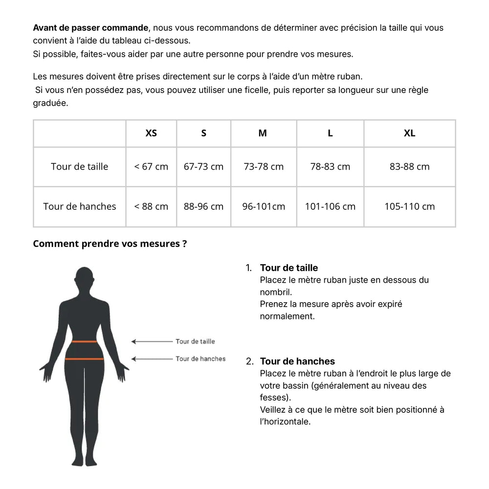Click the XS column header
click(151, 133)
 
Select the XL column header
click(409, 133)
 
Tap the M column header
click(263, 133)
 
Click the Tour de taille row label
click(79, 166)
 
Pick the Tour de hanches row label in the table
click(79, 206)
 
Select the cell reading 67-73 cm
click(203, 166)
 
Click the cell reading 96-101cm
click(264, 206)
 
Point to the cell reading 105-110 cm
click(409, 206)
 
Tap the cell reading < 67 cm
click(151, 166)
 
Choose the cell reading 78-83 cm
click(330, 166)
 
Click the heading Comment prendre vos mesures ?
click(110, 244)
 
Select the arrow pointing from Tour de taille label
click(152, 341)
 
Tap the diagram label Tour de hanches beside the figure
click(200, 359)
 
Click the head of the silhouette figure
click(85, 279)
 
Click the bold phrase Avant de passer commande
click(90, 28)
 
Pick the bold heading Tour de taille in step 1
click(289, 268)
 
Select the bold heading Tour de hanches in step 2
click(297, 361)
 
